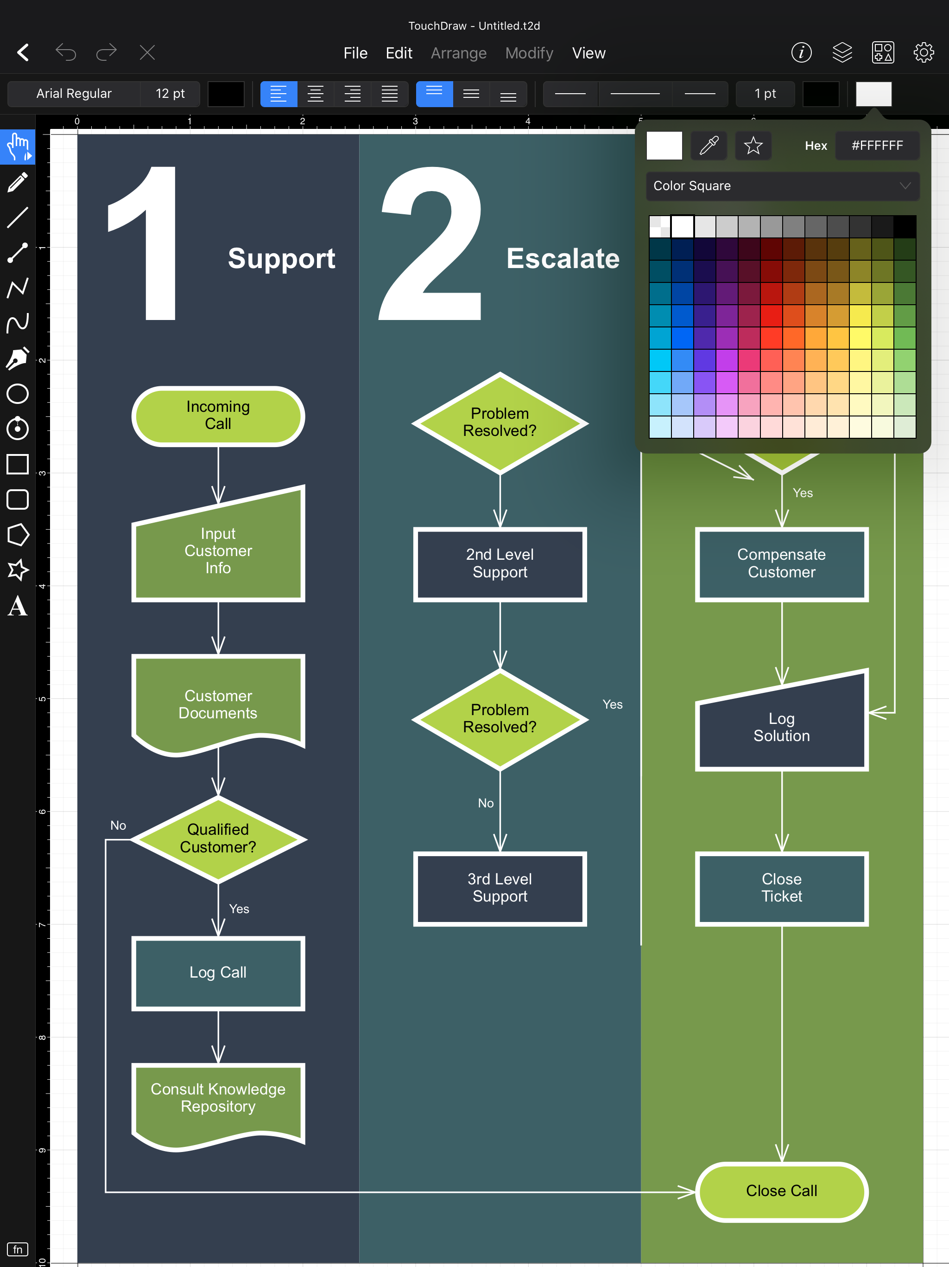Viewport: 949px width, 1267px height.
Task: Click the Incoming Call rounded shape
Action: coord(218,416)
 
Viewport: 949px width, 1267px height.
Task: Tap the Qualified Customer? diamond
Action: coord(218,838)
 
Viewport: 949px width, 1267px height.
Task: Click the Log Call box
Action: coord(218,973)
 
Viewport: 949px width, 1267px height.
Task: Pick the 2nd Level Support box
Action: coord(500,563)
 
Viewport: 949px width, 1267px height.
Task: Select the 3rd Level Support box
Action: coord(500,888)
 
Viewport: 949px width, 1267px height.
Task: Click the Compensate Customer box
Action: coord(781,563)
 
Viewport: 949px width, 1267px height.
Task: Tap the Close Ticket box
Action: coord(781,888)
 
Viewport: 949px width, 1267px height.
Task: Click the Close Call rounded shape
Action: coord(781,1191)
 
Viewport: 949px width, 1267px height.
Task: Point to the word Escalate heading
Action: coord(563,258)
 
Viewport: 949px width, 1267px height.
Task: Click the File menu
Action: coord(355,53)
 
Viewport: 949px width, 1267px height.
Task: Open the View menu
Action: coord(588,53)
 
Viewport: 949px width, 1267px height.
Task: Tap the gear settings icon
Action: coord(923,53)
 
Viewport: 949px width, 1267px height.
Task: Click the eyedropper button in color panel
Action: coord(709,146)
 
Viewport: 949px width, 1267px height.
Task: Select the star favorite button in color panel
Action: coord(753,146)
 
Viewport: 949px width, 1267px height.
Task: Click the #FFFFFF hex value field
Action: coord(877,146)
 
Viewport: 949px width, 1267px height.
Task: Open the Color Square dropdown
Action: coord(782,186)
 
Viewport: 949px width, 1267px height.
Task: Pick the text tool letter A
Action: coord(18,605)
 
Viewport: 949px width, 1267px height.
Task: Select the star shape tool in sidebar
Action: coord(18,570)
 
